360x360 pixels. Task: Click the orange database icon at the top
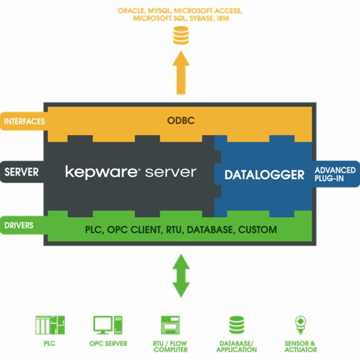pyautogui.click(x=181, y=36)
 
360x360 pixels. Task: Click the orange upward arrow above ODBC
pyautogui.click(x=181, y=72)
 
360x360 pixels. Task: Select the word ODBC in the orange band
pyautogui.click(x=181, y=121)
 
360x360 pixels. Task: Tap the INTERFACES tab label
pyautogui.click(x=24, y=121)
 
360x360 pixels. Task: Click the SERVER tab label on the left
pyautogui.click(x=22, y=172)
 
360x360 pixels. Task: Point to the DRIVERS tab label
pyautogui.click(x=19, y=225)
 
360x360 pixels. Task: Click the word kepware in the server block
pyautogui.click(x=102, y=172)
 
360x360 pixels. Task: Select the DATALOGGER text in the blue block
pyautogui.click(x=264, y=175)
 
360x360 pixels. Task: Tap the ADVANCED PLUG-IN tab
pyautogui.click(x=335, y=174)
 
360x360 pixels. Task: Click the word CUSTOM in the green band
pyautogui.click(x=257, y=230)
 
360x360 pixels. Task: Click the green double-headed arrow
pyautogui.click(x=181, y=275)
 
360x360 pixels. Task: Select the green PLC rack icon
pyautogui.click(x=50, y=325)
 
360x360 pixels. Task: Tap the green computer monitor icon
pyautogui.click(x=108, y=325)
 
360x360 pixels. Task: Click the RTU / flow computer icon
pyautogui.click(x=171, y=325)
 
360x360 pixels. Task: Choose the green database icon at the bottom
pyautogui.click(x=237, y=325)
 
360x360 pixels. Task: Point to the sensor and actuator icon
pyautogui.click(x=301, y=325)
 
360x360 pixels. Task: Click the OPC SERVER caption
pyautogui.click(x=108, y=343)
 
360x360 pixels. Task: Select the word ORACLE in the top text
pyautogui.click(x=131, y=11)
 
